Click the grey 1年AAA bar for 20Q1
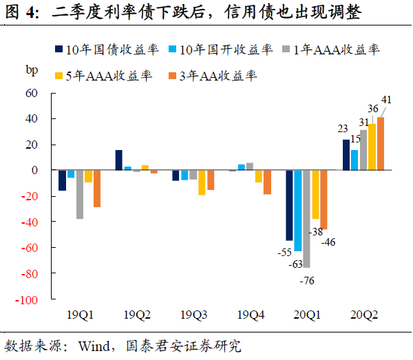306,218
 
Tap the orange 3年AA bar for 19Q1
97,189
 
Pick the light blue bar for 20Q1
298,210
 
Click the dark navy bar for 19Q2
119,160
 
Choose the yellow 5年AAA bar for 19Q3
202,182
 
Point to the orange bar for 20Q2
380,143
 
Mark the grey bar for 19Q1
80,194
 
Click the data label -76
306,279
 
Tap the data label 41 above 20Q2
386,100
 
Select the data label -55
284,253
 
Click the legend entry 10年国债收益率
107,49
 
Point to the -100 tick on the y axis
32,300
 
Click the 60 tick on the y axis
35,93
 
